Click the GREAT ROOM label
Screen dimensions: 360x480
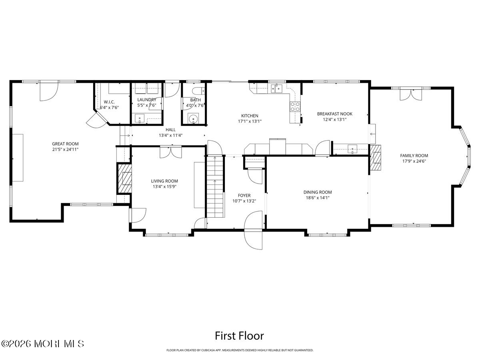(65, 144)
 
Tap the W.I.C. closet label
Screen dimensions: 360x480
(108, 101)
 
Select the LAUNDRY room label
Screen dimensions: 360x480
(146, 100)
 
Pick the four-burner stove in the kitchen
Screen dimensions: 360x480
(295, 106)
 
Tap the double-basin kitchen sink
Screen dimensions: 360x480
(277, 88)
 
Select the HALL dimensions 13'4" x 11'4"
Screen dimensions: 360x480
(170, 135)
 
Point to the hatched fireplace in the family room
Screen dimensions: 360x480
(376, 158)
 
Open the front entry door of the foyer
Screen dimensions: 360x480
(254, 231)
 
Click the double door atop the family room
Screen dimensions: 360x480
(410, 94)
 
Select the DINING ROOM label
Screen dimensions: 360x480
(317, 192)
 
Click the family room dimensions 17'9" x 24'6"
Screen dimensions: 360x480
(414, 161)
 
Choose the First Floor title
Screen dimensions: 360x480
(240, 335)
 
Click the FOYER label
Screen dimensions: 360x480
(244, 196)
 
